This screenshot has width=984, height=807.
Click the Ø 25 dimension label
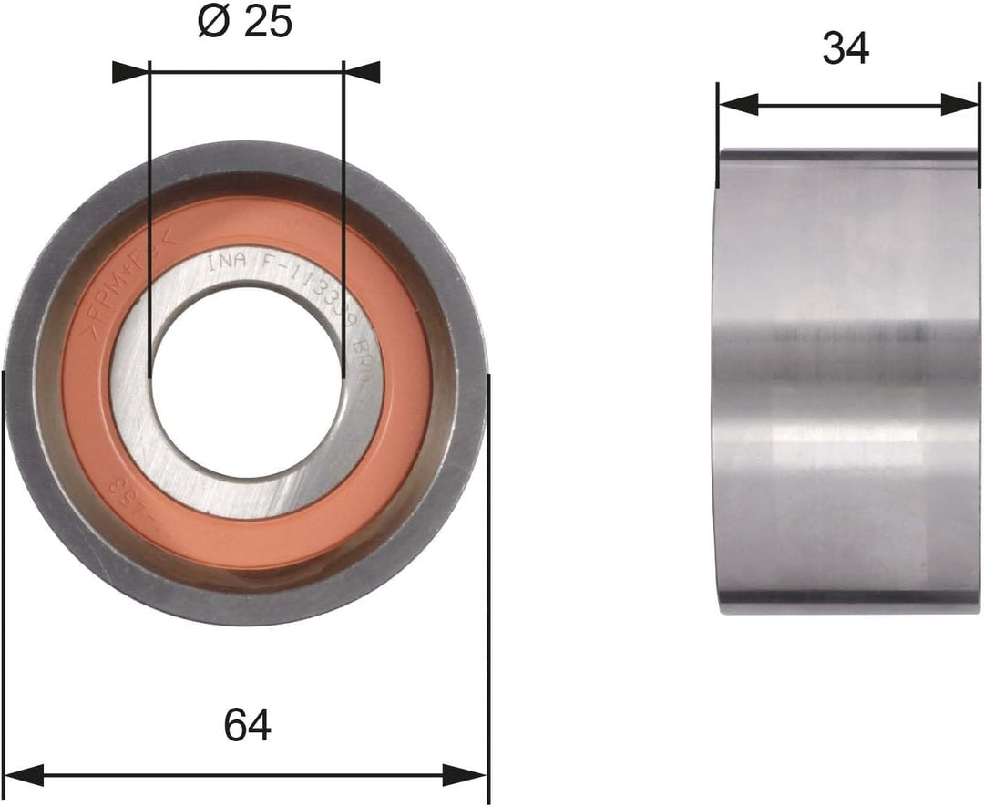tap(244, 22)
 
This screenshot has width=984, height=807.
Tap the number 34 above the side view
tap(845, 49)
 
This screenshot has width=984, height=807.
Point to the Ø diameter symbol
tap(213, 22)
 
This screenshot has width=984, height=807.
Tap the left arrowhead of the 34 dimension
tap(737, 104)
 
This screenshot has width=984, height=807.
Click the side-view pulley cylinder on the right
tap(847, 383)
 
